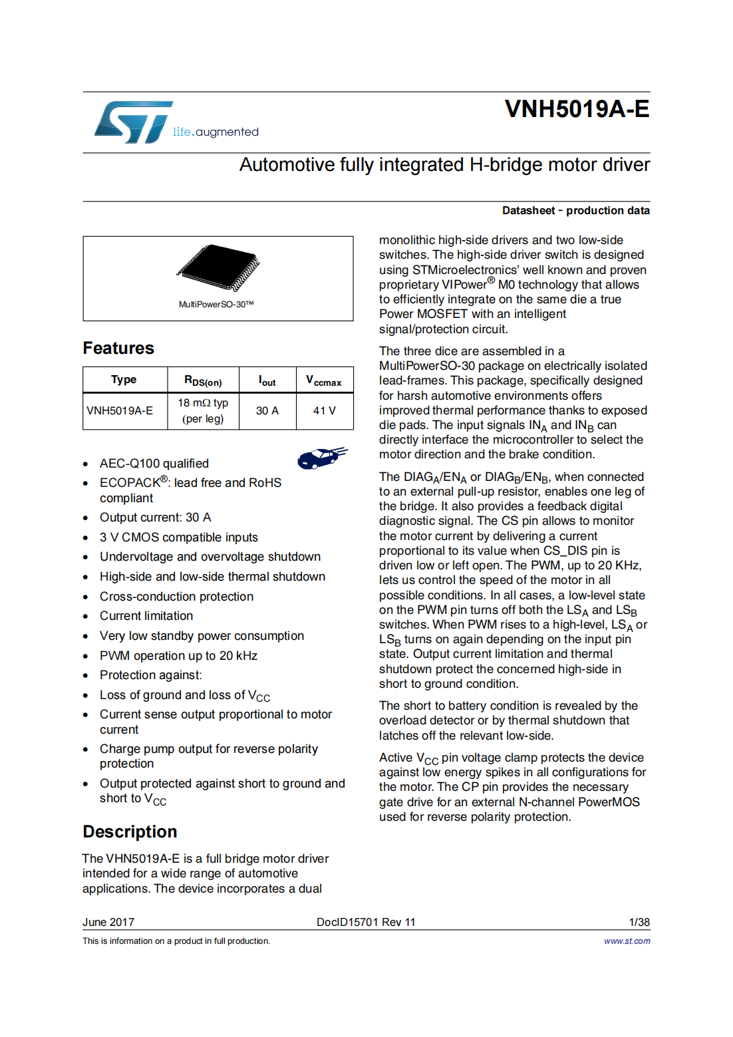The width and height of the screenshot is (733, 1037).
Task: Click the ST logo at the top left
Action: [x=133, y=122]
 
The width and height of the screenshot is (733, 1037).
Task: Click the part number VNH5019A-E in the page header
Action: [x=577, y=109]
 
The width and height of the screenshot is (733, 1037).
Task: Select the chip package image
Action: [x=218, y=268]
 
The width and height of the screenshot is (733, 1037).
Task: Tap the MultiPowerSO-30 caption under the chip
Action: [x=216, y=305]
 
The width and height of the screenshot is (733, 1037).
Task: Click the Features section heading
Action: [x=118, y=349]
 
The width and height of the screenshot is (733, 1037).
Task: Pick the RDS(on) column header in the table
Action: [x=203, y=380]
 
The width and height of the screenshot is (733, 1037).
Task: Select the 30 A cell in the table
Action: [x=267, y=411]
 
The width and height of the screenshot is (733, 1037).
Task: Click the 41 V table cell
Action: [x=325, y=411]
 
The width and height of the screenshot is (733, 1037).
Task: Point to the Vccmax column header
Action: [x=324, y=380]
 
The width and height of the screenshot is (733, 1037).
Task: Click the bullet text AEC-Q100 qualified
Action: [x=154, y=464]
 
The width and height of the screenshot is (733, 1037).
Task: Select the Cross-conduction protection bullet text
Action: [x=176, y=597]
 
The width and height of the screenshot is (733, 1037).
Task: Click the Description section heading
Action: [x=130, y=832]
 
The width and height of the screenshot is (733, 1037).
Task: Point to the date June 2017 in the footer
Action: [x=108, y=923]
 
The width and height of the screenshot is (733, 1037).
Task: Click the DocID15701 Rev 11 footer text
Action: [x=366, y=923]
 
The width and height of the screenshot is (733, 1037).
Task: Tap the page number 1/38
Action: [x=639, y=923]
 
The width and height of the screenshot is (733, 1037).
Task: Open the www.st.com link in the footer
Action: [x=627, y=941]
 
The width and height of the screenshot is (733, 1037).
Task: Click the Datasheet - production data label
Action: [x=576, y=211]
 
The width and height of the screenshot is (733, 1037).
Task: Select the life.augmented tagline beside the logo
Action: [x=216, y=132]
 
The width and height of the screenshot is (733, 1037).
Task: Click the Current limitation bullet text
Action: [x=146, y=616]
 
